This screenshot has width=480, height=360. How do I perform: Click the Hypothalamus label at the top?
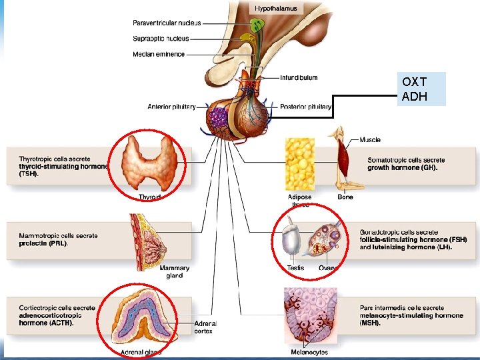277,9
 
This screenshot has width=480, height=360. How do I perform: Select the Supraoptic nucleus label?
161,39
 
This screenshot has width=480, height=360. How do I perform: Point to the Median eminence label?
159,54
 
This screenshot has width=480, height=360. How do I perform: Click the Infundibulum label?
299,77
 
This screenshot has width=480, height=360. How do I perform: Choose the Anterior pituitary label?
171,107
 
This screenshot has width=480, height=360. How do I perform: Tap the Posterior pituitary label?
306,107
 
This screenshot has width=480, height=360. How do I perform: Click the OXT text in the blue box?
414,82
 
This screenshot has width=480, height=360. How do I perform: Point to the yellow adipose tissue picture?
299,165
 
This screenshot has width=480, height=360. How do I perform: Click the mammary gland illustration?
148,239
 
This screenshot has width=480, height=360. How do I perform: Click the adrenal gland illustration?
141,319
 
